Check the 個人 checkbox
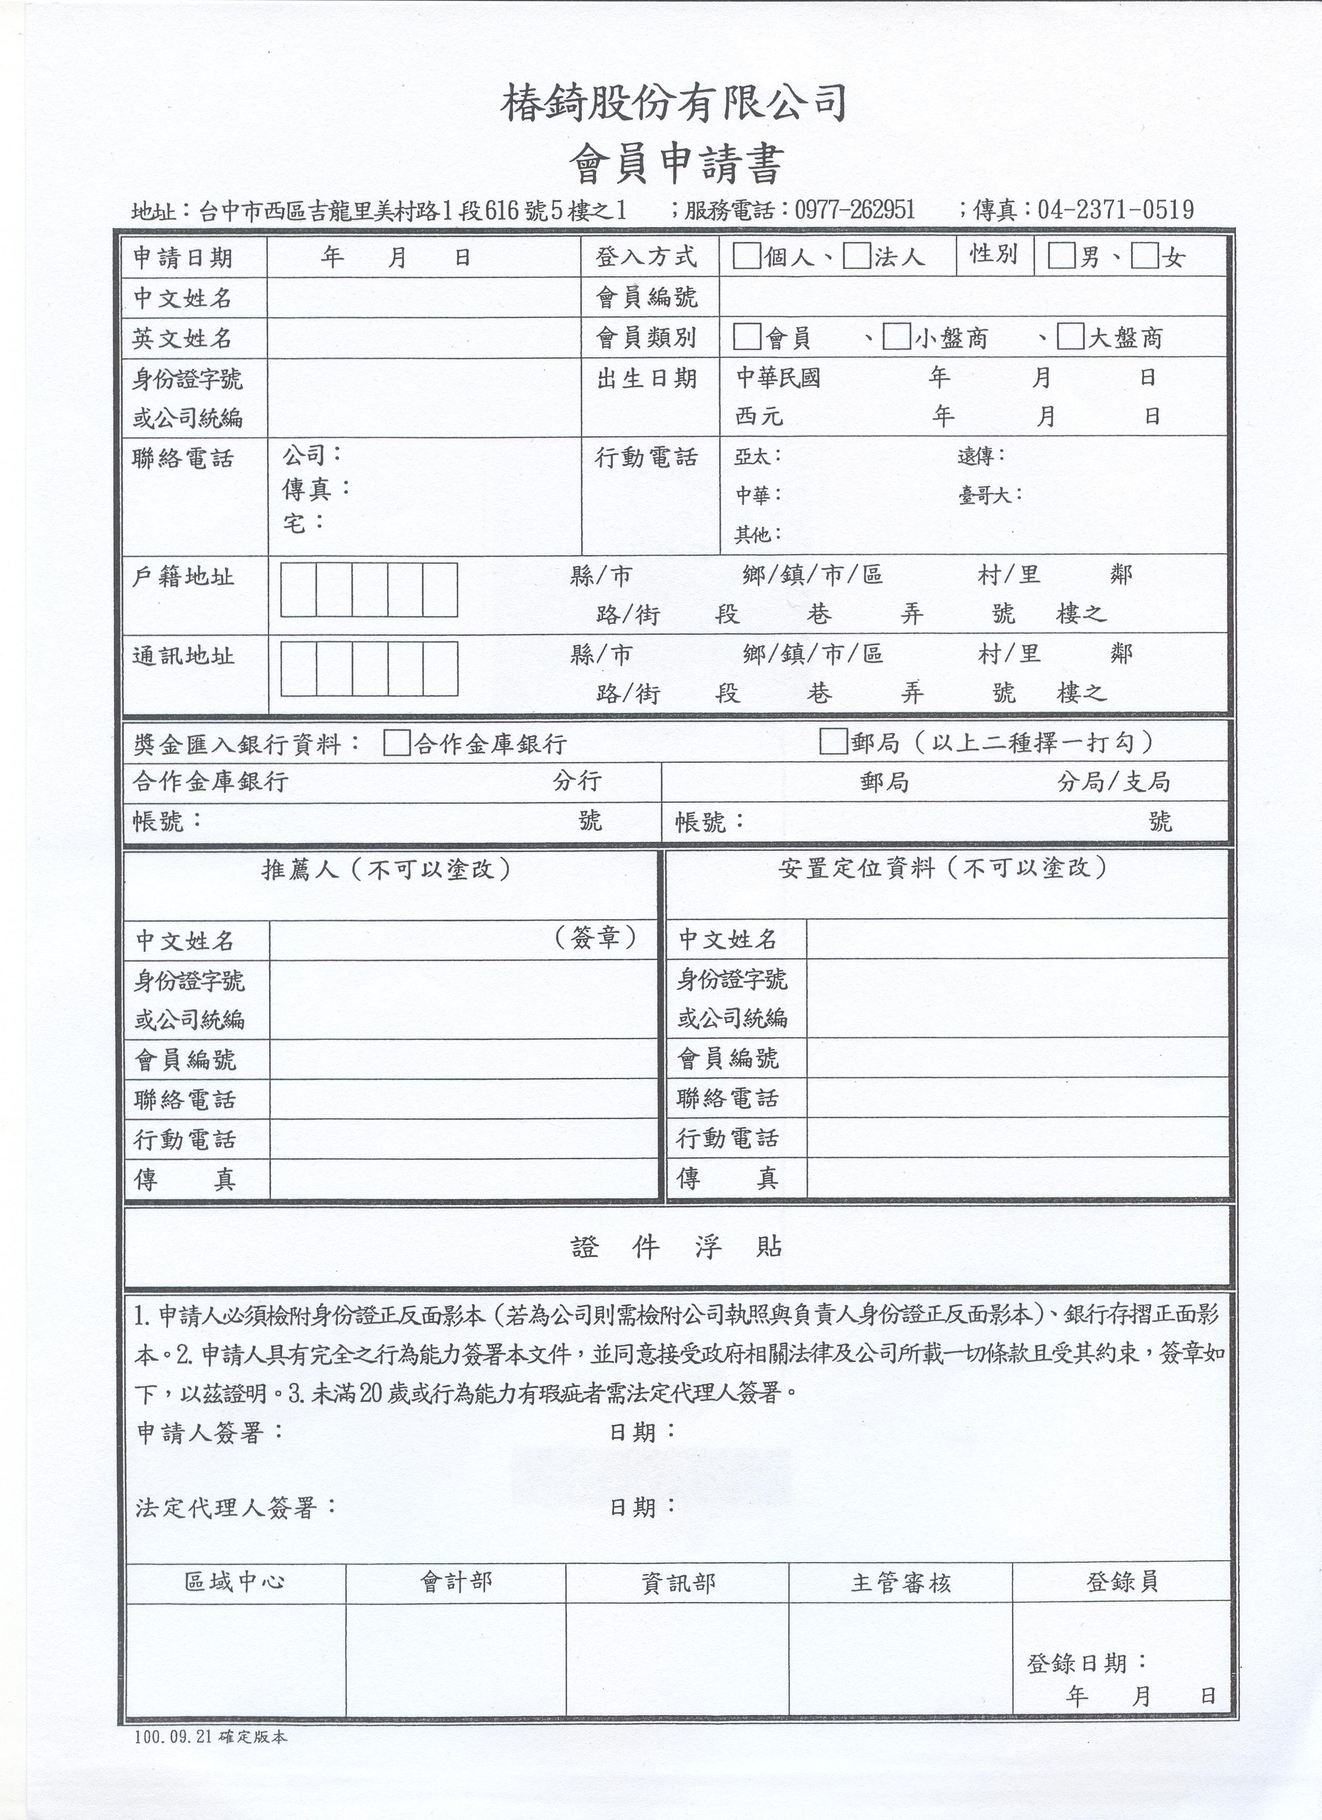[x=746, y=257]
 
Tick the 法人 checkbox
[x=857, y=257]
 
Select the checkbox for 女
[x=1144, y=257]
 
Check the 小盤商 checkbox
[x=895, y=337]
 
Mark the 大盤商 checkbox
[x=1070, y=337]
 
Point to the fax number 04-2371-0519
[x=1115, y=210]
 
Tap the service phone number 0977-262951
[x=854, y=210]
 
